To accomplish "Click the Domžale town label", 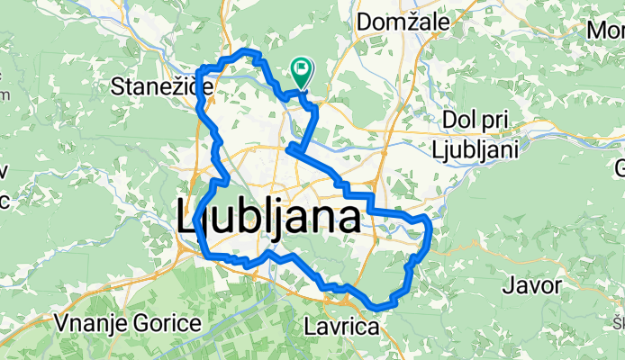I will (x=397, y=20).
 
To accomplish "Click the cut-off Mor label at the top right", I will (x=605, y=31).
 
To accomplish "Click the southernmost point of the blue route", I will (x=379, y=308).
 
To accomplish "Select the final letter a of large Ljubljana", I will (x=349, y=219).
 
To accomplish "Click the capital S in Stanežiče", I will (x=116, y=86).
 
